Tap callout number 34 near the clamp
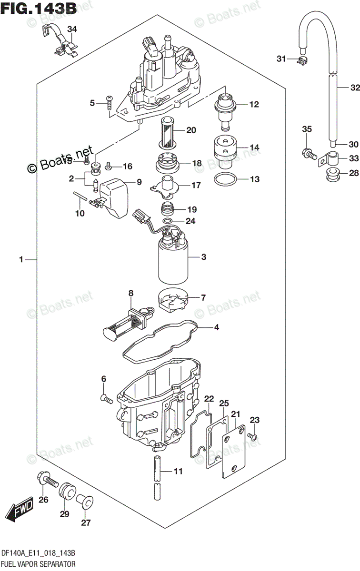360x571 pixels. [x=71, y=30]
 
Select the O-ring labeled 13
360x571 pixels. [x=224, y=179]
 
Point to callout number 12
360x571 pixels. [x=254, y=104]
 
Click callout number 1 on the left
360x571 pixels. [x=21, y=260]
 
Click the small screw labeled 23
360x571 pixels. [x=253, y=436]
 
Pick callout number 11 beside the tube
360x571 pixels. [x=178, y=472]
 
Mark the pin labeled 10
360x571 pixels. [x=80, y=196]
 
